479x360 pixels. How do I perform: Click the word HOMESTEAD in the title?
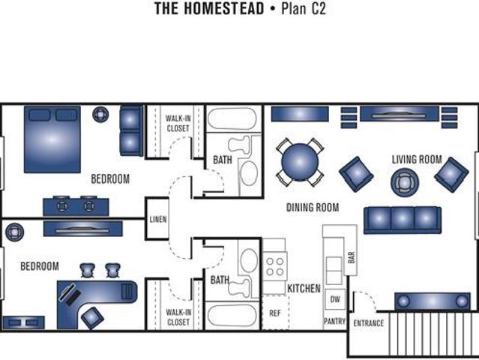tap(223, 8)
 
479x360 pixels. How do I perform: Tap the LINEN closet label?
tap(158, 219)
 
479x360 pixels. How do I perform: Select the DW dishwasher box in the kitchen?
tap(335, 299)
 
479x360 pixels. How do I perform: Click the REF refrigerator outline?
tap(275, 313)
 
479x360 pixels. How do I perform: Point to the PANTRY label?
tap(334, 321)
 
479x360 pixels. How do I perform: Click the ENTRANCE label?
tap(368, 323)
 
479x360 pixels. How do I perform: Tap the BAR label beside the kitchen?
tap(352, 257)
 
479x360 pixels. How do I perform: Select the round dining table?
tap(300, 162)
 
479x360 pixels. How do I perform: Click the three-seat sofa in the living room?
tap(403, 220)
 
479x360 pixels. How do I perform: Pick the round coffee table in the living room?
tap(405, 183)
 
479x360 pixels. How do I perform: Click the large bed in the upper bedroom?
tap(52, 139)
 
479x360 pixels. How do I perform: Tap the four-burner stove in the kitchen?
tap(275, 266)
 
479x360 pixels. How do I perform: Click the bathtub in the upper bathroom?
tap(232, 118)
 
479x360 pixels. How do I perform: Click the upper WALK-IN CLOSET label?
tap(178, 123)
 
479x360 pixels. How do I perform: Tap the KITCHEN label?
tap(304, 288)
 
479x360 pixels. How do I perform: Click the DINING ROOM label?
tap(313, 208)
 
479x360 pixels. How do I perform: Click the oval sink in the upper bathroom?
tap(249, 173)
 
